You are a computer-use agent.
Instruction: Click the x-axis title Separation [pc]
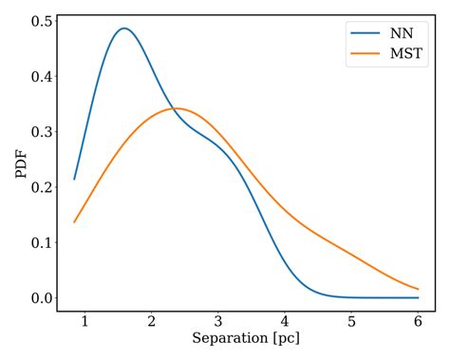click(x=246, y=338)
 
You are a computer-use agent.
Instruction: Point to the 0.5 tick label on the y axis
click(x=39, y=21)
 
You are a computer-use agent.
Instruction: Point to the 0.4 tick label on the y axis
click(x=39, y=76)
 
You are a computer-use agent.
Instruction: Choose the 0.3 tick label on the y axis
click(x=39, y=132)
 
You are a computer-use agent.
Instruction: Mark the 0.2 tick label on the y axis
click(x=39, y=187)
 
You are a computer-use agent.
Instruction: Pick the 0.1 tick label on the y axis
click(x=39, y=242)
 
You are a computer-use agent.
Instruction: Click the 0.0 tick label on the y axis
click(x=39, y=298)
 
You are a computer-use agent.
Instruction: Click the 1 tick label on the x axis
click(x=84, y=320)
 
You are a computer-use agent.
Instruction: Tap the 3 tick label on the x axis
click(x=217, y=320)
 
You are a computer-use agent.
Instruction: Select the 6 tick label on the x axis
click(x=418, y=320)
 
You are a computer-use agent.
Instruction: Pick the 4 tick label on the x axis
click(x=285, y=320)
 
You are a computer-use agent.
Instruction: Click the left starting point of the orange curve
click(x=74, y=222)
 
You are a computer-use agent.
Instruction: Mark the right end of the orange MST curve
click(x=419, y=289)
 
